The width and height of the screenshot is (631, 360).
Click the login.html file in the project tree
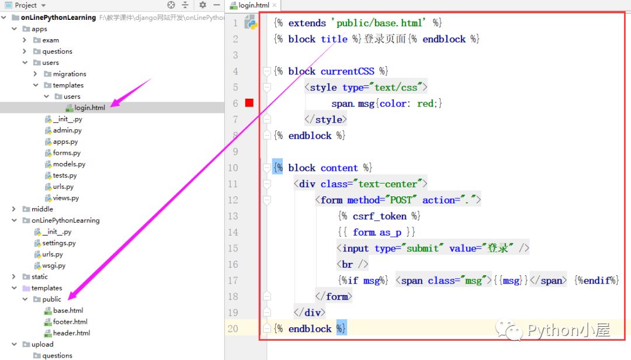tap(89, 108)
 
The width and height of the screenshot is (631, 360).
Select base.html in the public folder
tap(68, 310)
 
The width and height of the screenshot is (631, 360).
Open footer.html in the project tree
tap(70, 322)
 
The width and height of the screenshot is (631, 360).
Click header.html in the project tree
tap(71, 333)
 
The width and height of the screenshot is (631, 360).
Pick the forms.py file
tap(67, 153)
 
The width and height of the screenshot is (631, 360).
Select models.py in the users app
tap(69, 164)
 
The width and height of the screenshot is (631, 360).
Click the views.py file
tap(65, 198)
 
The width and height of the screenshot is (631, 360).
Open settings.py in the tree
tap(59, 243)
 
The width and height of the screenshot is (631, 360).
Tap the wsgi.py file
tap(54, 265)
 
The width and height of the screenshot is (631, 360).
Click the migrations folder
tap(69, 74)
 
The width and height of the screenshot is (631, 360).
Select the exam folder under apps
tap(50, 40)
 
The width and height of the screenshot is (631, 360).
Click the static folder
tap(40, 276)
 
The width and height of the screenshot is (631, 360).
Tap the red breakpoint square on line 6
tap(249, 103)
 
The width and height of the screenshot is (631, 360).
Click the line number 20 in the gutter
tap(233, 328)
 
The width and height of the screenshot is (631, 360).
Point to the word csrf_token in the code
tap(380, 216)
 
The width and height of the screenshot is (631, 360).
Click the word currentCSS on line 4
tap(347, 71)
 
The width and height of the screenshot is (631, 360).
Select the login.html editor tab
tap(254, 5)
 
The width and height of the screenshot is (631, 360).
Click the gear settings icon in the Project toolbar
tap(202, 5)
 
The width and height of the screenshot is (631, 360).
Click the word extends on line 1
tap(307, 23)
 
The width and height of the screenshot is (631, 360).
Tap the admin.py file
tap(67, 130)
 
